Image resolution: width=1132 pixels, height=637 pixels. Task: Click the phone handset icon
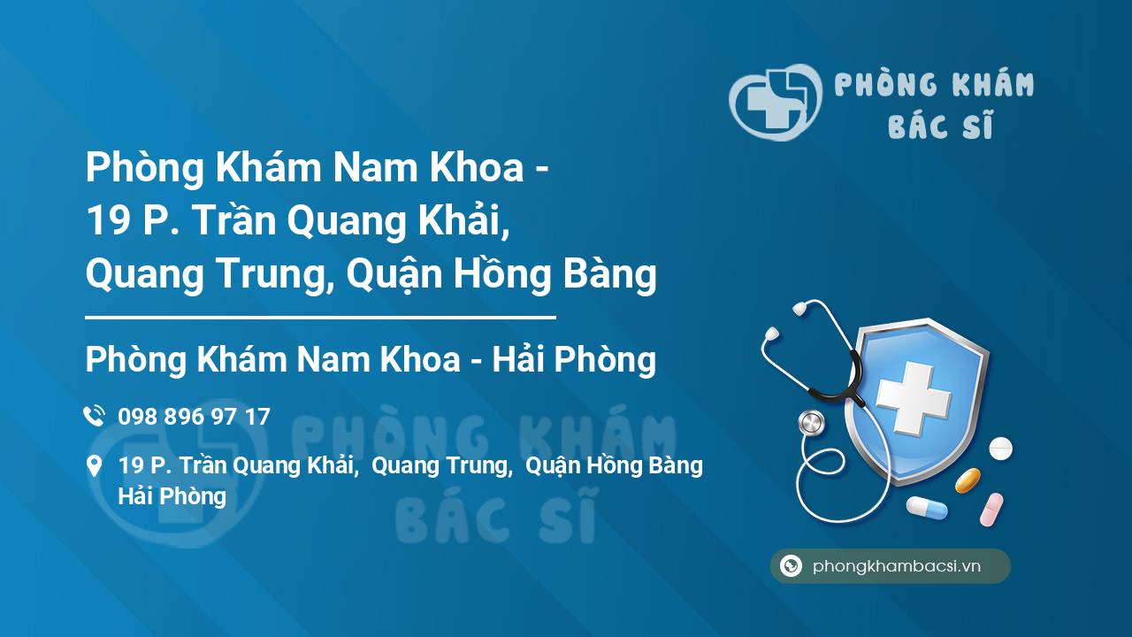pyautogui.click(x=94, y=416)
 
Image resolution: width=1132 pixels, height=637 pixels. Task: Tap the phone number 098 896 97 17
pyautogui.click(x=194, y=417)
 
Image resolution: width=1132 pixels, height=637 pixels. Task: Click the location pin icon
pyautogui.click(x=94, y=465)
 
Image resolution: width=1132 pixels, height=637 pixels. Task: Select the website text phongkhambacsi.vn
pyautogui.click(x=897, y=565)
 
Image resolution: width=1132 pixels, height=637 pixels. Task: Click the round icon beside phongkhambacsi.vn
pyautogui.click(x=791, y=565)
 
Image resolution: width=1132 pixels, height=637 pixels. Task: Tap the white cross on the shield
pyautogui.click(x=914, y=398)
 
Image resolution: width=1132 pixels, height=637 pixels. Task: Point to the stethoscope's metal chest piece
pyautogui.click(x=812, y=423)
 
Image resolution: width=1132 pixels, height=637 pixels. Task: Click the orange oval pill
pyautogui.click(x=968, y=480)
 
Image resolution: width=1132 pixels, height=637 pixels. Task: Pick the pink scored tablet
pyautogui.click(x=991, y=509)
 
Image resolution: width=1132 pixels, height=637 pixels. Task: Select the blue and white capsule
pyautogui.click(x=927, y=508)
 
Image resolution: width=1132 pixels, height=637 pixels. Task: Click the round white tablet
pyautogui.click(x=1000, y=449)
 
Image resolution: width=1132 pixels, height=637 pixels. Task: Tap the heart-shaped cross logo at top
pyautogui.click(x=776, y=102)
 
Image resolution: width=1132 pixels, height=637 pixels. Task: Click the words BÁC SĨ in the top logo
pyautogui.click(x=940, y=125)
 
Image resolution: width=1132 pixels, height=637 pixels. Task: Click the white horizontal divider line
pyautogui.click(x=320, y=318)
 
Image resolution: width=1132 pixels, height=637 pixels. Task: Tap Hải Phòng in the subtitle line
pyautogui.click(x=574, y=359)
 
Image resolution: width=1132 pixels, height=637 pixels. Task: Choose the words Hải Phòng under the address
pyautogui.click(x=172, y=496)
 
